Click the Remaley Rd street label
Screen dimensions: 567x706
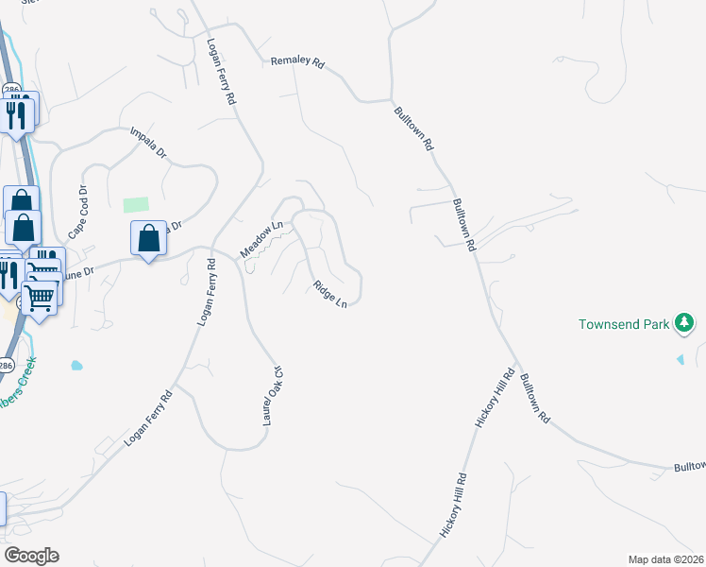coord(297,63)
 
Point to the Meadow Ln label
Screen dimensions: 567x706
coord(261,240)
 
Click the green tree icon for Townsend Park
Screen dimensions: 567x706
coord(685,325)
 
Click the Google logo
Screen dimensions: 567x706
coord(30,555)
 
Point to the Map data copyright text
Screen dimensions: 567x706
coord(666,559)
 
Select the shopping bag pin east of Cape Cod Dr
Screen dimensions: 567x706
coord(148,239)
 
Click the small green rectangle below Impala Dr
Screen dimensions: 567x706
coord(136,205)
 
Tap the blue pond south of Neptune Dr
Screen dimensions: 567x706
coord(76,365)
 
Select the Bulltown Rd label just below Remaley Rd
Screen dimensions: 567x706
coord(413,129)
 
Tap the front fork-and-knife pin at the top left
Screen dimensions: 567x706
coord(16,114)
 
